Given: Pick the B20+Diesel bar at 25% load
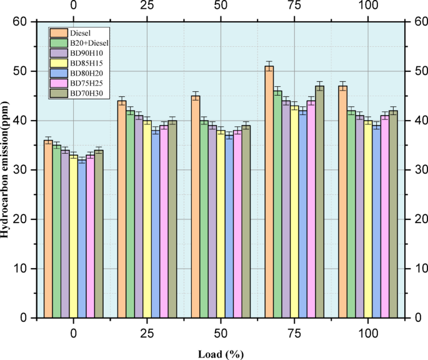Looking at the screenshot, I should point(130,214).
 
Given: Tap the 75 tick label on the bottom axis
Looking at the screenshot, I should point(294,332).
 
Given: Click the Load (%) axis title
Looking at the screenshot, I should point(221,353).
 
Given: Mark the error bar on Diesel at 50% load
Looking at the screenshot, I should point(196,96).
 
